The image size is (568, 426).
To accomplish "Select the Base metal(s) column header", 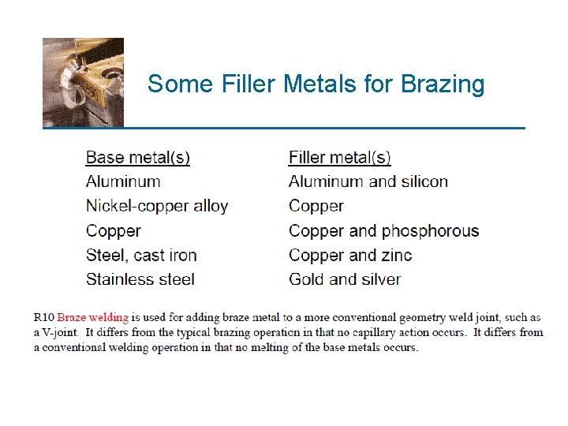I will pyautogui.click(x=137, y=158).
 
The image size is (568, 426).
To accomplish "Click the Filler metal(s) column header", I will pyautogui.click(x=339, y=158).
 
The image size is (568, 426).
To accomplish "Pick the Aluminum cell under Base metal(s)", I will pyautogui.click(x=123, y=181).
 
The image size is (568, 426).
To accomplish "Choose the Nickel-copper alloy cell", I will pyautogui.click(x=157, y=206).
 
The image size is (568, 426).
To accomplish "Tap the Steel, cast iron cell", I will pyautogui.click(x=141, y=255).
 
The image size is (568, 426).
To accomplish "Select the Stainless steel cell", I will pyautogui.click(x=140, y=279).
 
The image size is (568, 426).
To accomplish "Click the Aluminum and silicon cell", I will pyautogui.click(x=368, y=181).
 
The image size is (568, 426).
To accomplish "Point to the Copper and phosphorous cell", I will pyautogui.click(x=383, y=231).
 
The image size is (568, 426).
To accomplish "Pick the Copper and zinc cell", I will pyautogui.click(x=350, y=255).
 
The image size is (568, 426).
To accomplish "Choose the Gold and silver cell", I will pyautogui.click(x=345, y=279).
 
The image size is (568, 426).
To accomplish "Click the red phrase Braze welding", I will pyautogui.click(x=93, y=318).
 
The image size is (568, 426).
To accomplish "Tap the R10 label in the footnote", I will pyautogui.click(x=44, y=318).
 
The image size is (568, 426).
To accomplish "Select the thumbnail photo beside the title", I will pyautogui.click(x=83, y=82).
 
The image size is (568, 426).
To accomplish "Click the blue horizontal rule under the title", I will pyautogui.click(x=284, y=127).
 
